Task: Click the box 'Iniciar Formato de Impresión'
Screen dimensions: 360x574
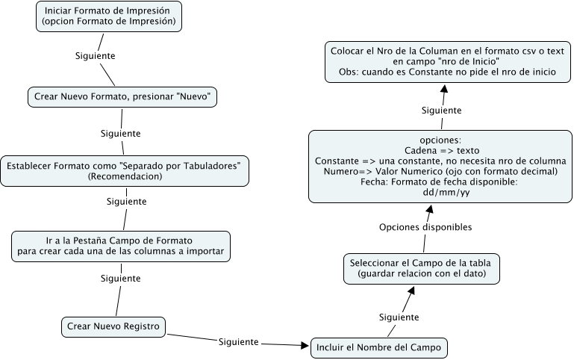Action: pyautogui.click(x=110, y=16)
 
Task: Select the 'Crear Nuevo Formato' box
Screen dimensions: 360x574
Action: pyautogui.click(x=120, y=97)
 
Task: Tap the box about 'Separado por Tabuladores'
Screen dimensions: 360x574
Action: pyautogui.click(x=124, y=170)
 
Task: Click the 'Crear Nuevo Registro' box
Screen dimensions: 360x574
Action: pyautogui.click(x=113, y=326)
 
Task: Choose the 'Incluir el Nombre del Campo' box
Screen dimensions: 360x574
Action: pyautogui.click(x=379, y=347)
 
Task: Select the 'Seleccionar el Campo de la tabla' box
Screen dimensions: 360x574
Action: pyautogui.click(x=422, y=269)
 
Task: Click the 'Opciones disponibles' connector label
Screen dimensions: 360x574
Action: pyautogui.click(x=425, y=227)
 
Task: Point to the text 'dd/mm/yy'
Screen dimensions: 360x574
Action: pyautogui.click(x=440, y=192)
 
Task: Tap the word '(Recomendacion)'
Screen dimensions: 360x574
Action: pyautogui.click(x=124, y=176)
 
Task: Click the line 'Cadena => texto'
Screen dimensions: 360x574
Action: pyautogui.click(x=440, y=150)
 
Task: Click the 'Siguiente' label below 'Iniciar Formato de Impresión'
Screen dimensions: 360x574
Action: pyautogui.click(x=96, y=56)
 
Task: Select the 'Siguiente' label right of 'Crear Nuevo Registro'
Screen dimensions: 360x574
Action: pyautogui.click(x=238, y=342)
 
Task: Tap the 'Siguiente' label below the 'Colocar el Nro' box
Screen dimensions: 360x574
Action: pyautogui.click(x=441, y=110)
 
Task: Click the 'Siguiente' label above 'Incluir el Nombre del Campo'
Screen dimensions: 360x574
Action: pyautogui.click(x=399, y=317)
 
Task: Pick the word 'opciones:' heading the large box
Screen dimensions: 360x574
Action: pyautogui.click(x=440, y=140)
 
